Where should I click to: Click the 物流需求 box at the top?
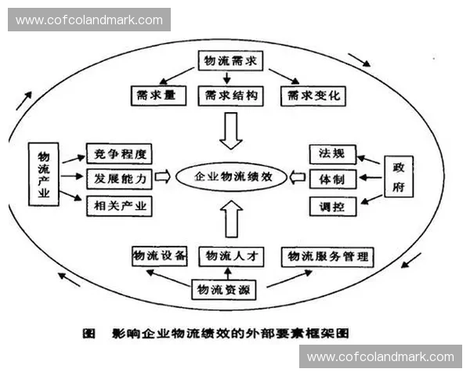tap(229, 61)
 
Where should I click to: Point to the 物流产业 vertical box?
tap(44, 175)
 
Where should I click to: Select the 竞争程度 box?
tap(117, 153)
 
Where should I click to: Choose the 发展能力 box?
tap(117, 179)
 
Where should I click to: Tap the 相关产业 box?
tap(117, 206)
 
